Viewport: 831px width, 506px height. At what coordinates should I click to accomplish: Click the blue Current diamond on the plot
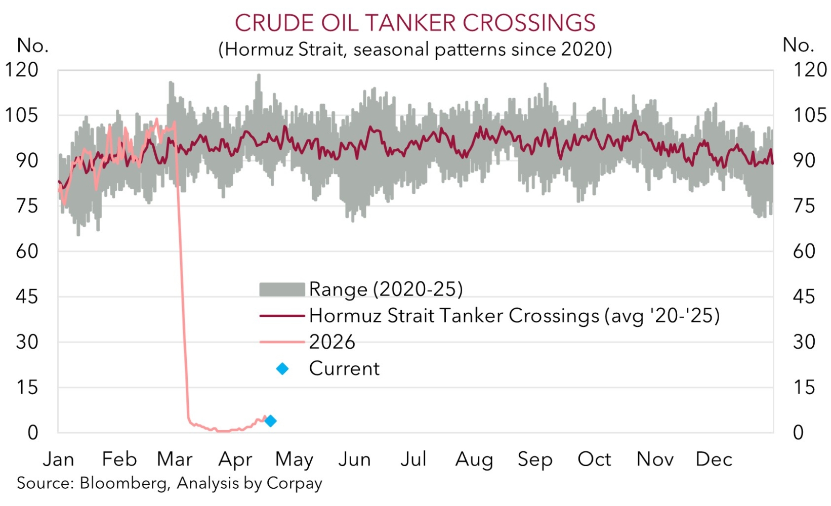(271, 420)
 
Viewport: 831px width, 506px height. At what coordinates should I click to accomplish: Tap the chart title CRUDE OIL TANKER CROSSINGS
(415, 23)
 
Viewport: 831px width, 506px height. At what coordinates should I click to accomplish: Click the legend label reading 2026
(332, 342)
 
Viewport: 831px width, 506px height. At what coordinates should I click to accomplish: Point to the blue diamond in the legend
(282, 369)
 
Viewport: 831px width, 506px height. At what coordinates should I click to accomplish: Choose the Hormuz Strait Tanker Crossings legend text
(514, 315)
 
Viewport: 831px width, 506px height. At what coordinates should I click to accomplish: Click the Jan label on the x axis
(58, 459)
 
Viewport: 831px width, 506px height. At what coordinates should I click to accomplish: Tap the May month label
(294, 459)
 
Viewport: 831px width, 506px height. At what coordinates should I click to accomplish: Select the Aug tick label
(474, 459)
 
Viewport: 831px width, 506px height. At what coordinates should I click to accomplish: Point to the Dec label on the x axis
(714, 459)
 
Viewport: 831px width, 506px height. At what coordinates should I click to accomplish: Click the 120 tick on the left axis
(22, 70)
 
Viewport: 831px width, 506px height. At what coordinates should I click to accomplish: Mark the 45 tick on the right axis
(804, 297)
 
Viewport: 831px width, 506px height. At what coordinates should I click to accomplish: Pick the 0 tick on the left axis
(33, 433)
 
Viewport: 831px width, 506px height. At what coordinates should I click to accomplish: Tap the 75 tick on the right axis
(804, 206)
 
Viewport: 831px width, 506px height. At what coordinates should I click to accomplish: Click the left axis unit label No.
(33, 46)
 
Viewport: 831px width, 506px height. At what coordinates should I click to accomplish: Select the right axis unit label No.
(798, 46)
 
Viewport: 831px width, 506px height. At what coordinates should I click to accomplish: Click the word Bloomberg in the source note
(123, 483)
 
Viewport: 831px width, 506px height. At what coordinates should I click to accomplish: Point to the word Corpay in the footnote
(294, 483)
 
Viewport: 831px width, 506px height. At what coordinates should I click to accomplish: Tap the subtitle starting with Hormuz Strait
(415, 50)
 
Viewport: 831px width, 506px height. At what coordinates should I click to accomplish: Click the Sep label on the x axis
(534, 459)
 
